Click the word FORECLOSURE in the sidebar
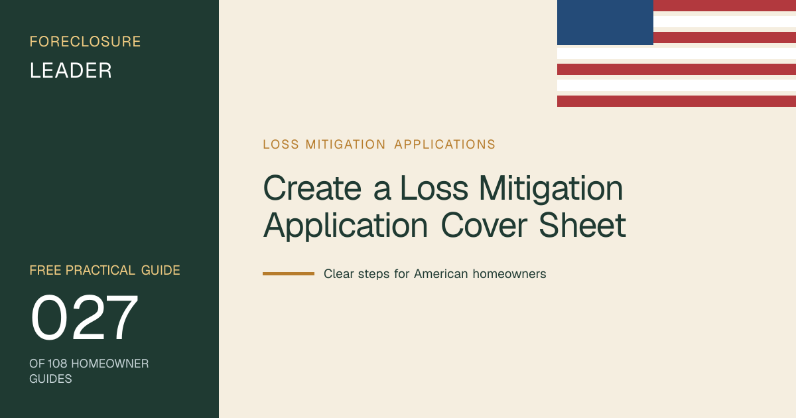(x=86, y=42)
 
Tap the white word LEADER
(x=71, y=70)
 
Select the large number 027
(x=84, y=317)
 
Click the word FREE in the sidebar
(x=45, y=270)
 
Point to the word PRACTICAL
(x=100, y=270)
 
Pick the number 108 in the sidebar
(x=57, y=364)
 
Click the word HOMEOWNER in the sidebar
(x=110, y=364)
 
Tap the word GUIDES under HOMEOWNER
(x=50, y=379)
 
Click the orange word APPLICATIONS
(x=444, y=145)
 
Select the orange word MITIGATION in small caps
(x=346, y=145)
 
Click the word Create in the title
(x=312, y=188)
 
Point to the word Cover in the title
(x=484, y=226)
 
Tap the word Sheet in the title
(x=582, y=226)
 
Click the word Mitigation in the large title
(x=551, y=189)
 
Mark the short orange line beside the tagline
(x=289, y=273)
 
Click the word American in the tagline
(x=440, y=274)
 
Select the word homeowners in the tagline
(x=509, y=274)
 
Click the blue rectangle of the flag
(x=605, y=23)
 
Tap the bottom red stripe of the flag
(x=677, y=101)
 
